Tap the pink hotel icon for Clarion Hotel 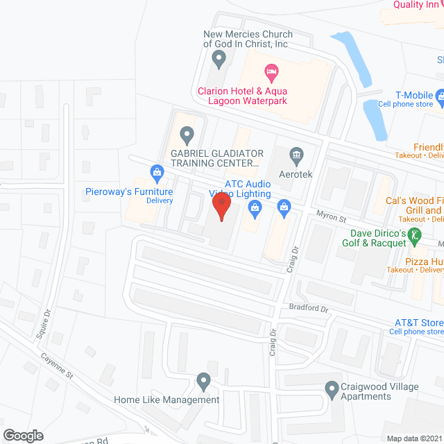point(271,71)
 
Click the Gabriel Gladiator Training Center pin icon point(186,133)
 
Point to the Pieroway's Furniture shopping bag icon point(157,171)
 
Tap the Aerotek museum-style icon point(296,154)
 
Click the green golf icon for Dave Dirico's point(414,235)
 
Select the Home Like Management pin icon point(203,380)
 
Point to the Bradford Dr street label point(309,307)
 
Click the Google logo point(22,435)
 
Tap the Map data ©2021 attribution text point(413,438)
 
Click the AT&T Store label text point(418,323)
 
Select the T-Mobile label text point(414,95)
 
